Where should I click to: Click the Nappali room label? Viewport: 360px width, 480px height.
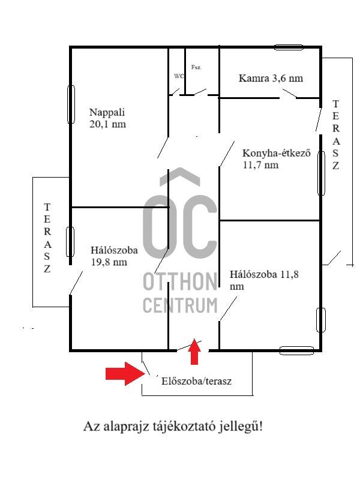[x=107, y=118]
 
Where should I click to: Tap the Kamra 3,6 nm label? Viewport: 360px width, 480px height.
[x=271, y=78]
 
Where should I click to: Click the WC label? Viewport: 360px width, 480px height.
[x=179, y=76]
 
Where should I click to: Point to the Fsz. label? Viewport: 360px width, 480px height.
[x=196, y=67]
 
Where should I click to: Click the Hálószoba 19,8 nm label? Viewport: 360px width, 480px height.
[x=114, y=256]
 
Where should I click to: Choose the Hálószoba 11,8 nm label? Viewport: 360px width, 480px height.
[x=264, y=280]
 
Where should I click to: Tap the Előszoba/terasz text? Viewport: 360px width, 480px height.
[x=196, y=381]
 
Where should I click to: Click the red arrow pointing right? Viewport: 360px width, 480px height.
[x=125, y=373]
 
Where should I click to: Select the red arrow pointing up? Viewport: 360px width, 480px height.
[x=194, y=352]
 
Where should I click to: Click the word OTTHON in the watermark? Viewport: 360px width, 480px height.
[x=180, y=281]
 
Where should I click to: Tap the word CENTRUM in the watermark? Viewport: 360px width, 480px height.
[x=180, y=305]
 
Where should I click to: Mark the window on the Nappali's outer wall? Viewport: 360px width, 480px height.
[x=71, y=104]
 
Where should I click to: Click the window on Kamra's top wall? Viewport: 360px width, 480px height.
[x=289, y=47]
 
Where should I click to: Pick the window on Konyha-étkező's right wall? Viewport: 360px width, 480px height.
[x=321, y=173]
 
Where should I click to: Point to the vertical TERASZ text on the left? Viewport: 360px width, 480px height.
[x=47, y=238]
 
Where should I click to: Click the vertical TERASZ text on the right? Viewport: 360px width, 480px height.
[x=335, y=134]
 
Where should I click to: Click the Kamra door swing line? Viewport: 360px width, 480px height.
[x=290, y=94]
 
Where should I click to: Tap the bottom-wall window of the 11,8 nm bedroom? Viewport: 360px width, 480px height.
[x=296, y=350]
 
